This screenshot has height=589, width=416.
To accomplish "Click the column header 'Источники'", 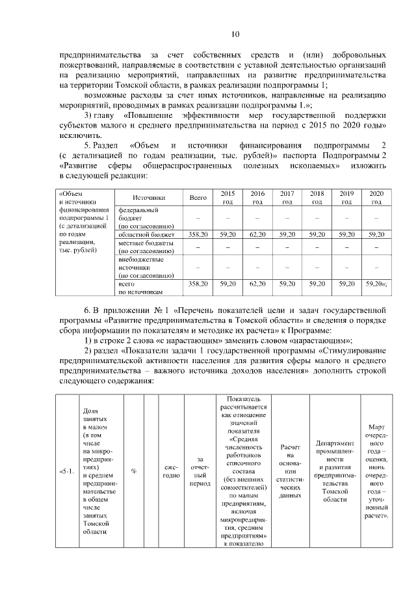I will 149,197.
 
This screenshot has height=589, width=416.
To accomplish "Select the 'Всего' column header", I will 198,197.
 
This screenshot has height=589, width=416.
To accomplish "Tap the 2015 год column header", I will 227,197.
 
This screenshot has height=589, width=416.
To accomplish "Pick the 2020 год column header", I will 376,197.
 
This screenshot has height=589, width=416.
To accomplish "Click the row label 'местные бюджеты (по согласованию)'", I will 146,246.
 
